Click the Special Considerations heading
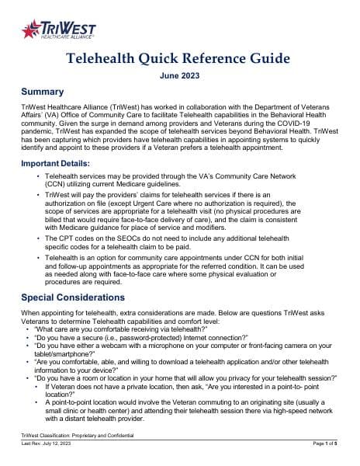point(83,297)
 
